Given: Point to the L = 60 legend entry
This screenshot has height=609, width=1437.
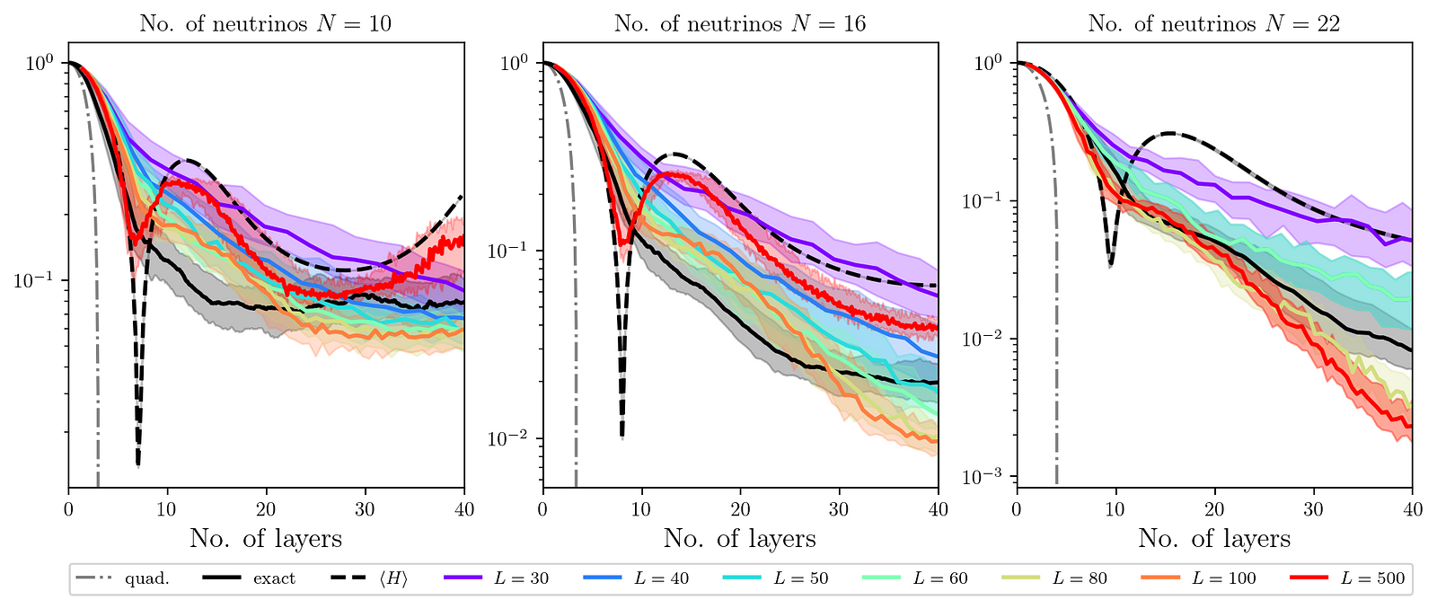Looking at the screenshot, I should click(x=915, y=578).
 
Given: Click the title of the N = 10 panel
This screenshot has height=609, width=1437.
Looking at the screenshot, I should click(x=266, y=23).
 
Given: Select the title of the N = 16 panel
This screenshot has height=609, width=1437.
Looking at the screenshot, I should click(x=740, y=23).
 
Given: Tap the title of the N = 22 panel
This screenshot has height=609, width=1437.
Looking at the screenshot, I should click(x=1214, y=23).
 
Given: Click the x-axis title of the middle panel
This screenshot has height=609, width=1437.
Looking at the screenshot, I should click(x=740, y=539).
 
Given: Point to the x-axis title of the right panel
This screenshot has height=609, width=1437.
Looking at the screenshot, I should click(x=1214, y=539).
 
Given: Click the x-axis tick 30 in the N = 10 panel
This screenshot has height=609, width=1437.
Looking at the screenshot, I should click(x=366, y=508).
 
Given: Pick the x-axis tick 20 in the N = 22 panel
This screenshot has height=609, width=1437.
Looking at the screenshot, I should click(x=1214, y=508).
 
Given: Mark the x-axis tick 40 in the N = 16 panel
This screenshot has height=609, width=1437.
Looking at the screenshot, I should click(x=938, y=508).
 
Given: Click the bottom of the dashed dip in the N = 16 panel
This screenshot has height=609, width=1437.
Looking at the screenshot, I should click(x=622, y=437).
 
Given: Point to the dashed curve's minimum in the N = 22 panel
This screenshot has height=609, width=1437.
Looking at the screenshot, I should click(x=1111, y=265).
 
